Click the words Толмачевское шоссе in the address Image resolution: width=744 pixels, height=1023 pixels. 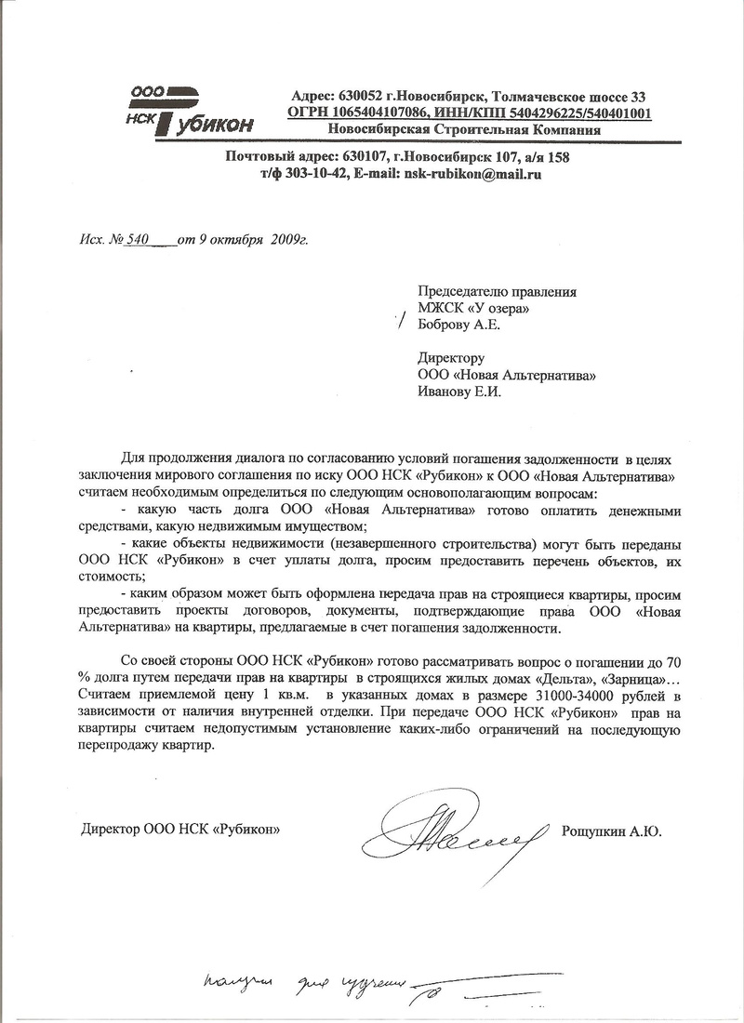pyautogui.click(x=568, y=97)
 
